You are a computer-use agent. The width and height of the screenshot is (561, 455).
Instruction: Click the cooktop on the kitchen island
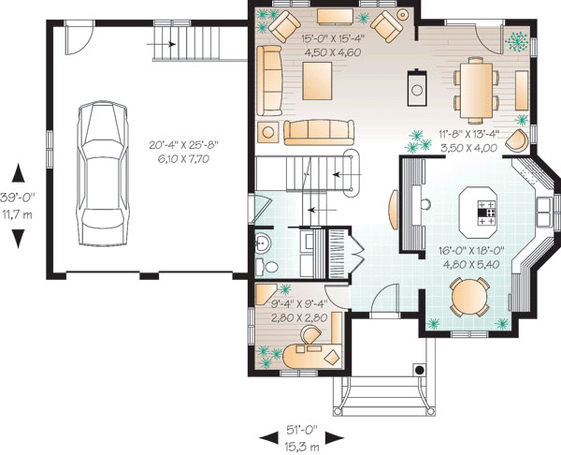click(x=488, y=214)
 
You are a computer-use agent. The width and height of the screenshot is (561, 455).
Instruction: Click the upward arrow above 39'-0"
click(x=17, y=172)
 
